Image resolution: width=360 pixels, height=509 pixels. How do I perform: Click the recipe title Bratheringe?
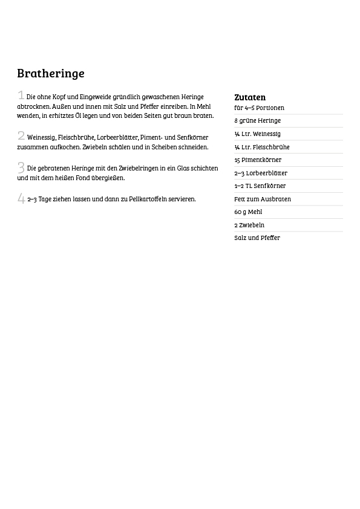tap(51, 73)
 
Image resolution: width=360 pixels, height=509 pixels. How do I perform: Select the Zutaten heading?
tap(250, 97)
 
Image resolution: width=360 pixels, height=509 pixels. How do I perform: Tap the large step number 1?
tap(21, 96)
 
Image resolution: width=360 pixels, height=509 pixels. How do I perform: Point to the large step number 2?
tap(21, 136)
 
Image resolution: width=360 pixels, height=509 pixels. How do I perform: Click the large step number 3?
tap(21, 167)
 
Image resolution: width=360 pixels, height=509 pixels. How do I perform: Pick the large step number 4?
tap(21, 198)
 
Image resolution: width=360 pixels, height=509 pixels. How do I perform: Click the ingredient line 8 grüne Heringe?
tap(257, 121)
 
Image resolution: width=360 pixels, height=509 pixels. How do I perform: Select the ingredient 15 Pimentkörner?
tap(258, 160)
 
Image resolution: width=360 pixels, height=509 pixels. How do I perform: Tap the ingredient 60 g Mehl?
tap(248, 212)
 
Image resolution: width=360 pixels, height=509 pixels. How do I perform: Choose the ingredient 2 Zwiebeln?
tap(249, 225)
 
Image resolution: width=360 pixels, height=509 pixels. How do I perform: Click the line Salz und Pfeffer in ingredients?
tap(257, 238)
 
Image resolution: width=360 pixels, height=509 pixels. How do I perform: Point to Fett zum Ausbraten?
tap(263, 199)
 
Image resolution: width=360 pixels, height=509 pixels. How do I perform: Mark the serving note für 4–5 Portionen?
tap(259, 108)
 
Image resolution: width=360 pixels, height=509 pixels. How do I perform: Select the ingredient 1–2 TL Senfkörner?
tap(260, 186)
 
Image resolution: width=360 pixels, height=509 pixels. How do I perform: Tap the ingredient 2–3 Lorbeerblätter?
tap(261, 173)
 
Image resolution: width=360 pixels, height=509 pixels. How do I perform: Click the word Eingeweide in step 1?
tap(95, 97)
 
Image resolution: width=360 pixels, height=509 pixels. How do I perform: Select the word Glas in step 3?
tap(183, 169)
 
